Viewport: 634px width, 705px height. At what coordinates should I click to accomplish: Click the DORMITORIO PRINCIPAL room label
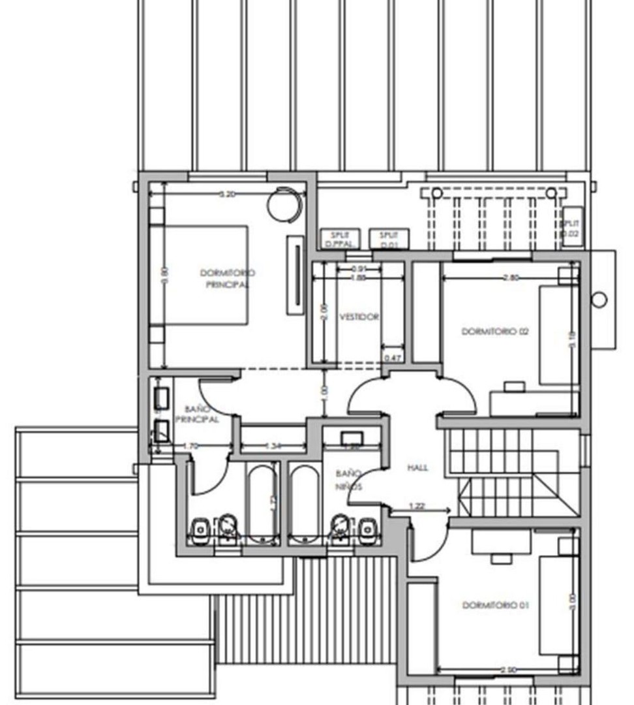click(x=227, y=279)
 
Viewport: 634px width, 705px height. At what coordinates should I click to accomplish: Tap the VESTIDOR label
click(x=359, y=317)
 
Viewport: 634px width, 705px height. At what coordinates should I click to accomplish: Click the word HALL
click(x=418, y=467)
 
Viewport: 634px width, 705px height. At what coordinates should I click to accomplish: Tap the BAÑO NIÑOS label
click(x=349, y=480)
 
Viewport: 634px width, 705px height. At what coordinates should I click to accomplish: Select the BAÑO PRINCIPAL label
click(x=196, y=415)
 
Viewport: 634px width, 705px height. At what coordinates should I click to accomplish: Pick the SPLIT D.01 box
click(x=389, y=239)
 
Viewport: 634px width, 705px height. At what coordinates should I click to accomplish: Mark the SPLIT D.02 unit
click(x=571, y=227)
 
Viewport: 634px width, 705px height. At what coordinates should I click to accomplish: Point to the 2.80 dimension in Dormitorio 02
click(x=511, y=277)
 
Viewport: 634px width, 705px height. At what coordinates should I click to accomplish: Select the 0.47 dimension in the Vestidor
click(x=393, y=358)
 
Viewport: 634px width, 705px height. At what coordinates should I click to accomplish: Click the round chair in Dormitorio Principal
click(x=285, y=203)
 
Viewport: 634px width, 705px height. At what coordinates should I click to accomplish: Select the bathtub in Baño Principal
click(x=263, y=503)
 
